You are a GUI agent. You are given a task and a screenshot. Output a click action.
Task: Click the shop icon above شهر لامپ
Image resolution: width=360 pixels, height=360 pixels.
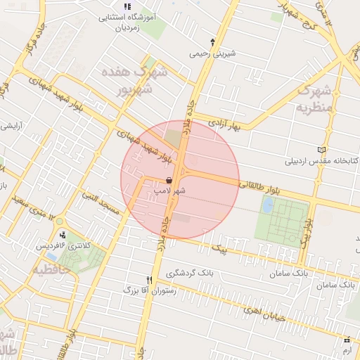[x=169, y=181]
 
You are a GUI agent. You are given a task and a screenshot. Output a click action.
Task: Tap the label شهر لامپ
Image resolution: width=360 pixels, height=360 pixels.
[x=170, y=191]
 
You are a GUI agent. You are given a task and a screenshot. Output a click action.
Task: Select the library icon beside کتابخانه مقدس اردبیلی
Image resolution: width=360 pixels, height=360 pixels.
[x=323, y=150]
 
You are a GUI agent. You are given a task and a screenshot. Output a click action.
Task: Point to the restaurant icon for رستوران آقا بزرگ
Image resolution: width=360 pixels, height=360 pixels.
[x=149, y=279]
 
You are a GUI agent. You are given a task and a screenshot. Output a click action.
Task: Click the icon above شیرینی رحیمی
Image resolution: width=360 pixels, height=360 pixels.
[x=213, y=42]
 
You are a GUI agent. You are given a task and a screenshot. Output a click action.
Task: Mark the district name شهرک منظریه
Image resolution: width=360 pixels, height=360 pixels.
[x=312, y=98]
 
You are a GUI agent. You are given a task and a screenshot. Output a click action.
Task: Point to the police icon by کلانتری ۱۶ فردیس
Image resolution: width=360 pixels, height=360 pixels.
[x=64, y=235]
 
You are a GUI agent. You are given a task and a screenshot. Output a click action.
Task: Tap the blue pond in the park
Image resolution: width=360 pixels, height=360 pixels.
[x=268, y=205]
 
